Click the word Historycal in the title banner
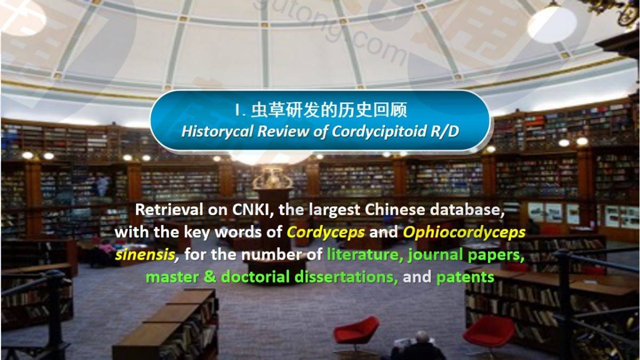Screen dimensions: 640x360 tap(218, 131)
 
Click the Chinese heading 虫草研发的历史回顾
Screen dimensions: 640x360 tap(329, 110)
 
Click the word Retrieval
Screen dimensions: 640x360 tap(169, 210)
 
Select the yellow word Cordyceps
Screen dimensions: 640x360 tap(326, 233)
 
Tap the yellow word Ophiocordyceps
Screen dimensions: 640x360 tap(464, 233)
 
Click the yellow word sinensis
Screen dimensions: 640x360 tap(145, 254)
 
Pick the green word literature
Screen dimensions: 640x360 tap(363, 254)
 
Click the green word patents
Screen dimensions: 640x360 tap(465, 277)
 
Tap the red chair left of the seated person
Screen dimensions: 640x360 tap(356, 333)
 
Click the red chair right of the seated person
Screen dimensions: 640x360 tap(489, 332)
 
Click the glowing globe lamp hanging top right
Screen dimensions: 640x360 tap(551, 25)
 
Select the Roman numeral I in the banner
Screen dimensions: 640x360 tap(237, 110)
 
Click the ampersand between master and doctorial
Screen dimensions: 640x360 tap(210, 277)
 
